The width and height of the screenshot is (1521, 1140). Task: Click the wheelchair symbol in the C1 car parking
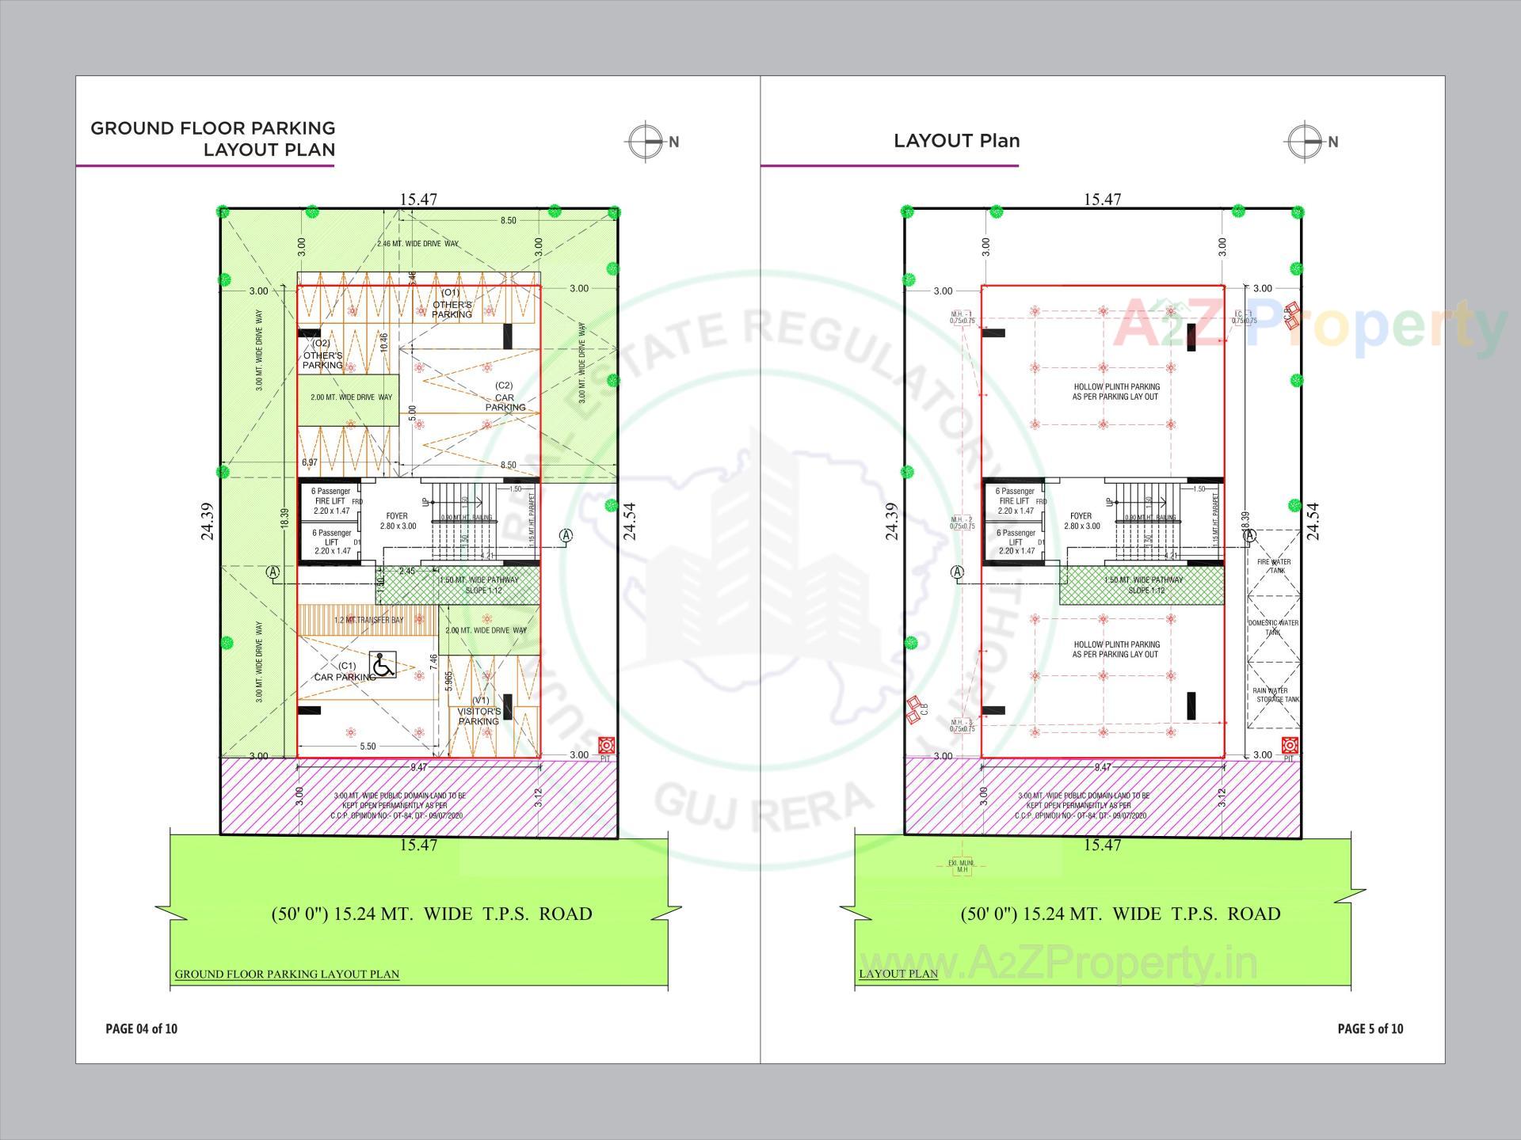click(x=383, y=665)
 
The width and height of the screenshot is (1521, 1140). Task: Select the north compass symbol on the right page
click(x=1306, y=142)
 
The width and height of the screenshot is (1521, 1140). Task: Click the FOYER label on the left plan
click(x=397, y=521)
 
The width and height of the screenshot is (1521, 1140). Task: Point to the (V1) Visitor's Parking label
click(x=479, y=711)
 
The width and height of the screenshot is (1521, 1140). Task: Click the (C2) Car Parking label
click(x=505, y=397)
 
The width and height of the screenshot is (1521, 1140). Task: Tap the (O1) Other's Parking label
click(x=452, y=304)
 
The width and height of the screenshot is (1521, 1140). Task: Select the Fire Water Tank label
click(x=1274, y=566)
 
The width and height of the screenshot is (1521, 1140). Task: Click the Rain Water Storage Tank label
click(x=1275, y=695)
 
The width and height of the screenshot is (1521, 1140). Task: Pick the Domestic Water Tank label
click(x=1273, y=627)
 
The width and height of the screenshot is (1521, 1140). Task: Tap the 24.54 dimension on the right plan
click(x=1313, y=521)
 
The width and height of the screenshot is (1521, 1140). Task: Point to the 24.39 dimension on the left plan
click(x=208, y=521)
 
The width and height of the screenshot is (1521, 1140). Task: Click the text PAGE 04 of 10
click(x=141, y=1028)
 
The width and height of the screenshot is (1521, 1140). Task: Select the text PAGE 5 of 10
click(x=1370, y=1028)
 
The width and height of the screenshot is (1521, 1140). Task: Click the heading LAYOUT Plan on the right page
click(x=956, y=141)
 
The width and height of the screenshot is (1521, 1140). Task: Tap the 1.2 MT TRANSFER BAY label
click(x=368, y=620)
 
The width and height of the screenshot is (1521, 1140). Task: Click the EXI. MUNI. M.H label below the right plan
click(x=962, y=866)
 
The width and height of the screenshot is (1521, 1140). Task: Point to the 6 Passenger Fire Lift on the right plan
click(x=1015, y=500)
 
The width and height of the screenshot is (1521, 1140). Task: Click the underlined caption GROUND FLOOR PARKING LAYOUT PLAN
click(x=287, y=974)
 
